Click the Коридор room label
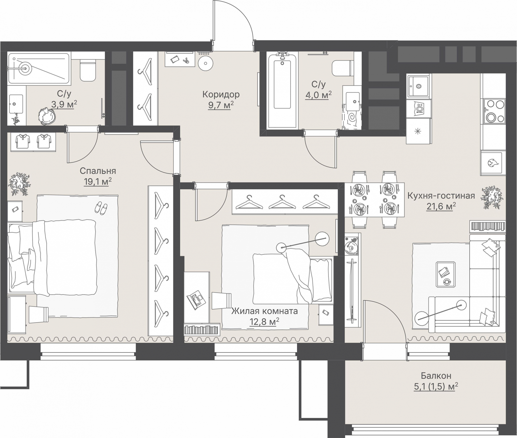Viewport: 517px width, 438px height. click(221, 94)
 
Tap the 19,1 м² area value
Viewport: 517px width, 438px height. click(97, 182)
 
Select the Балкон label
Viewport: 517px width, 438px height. click(436, 375)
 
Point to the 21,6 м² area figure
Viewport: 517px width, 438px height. click(441, 206)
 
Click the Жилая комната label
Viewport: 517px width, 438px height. click(264, 311)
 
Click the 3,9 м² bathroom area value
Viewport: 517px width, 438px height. click(64, 104)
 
